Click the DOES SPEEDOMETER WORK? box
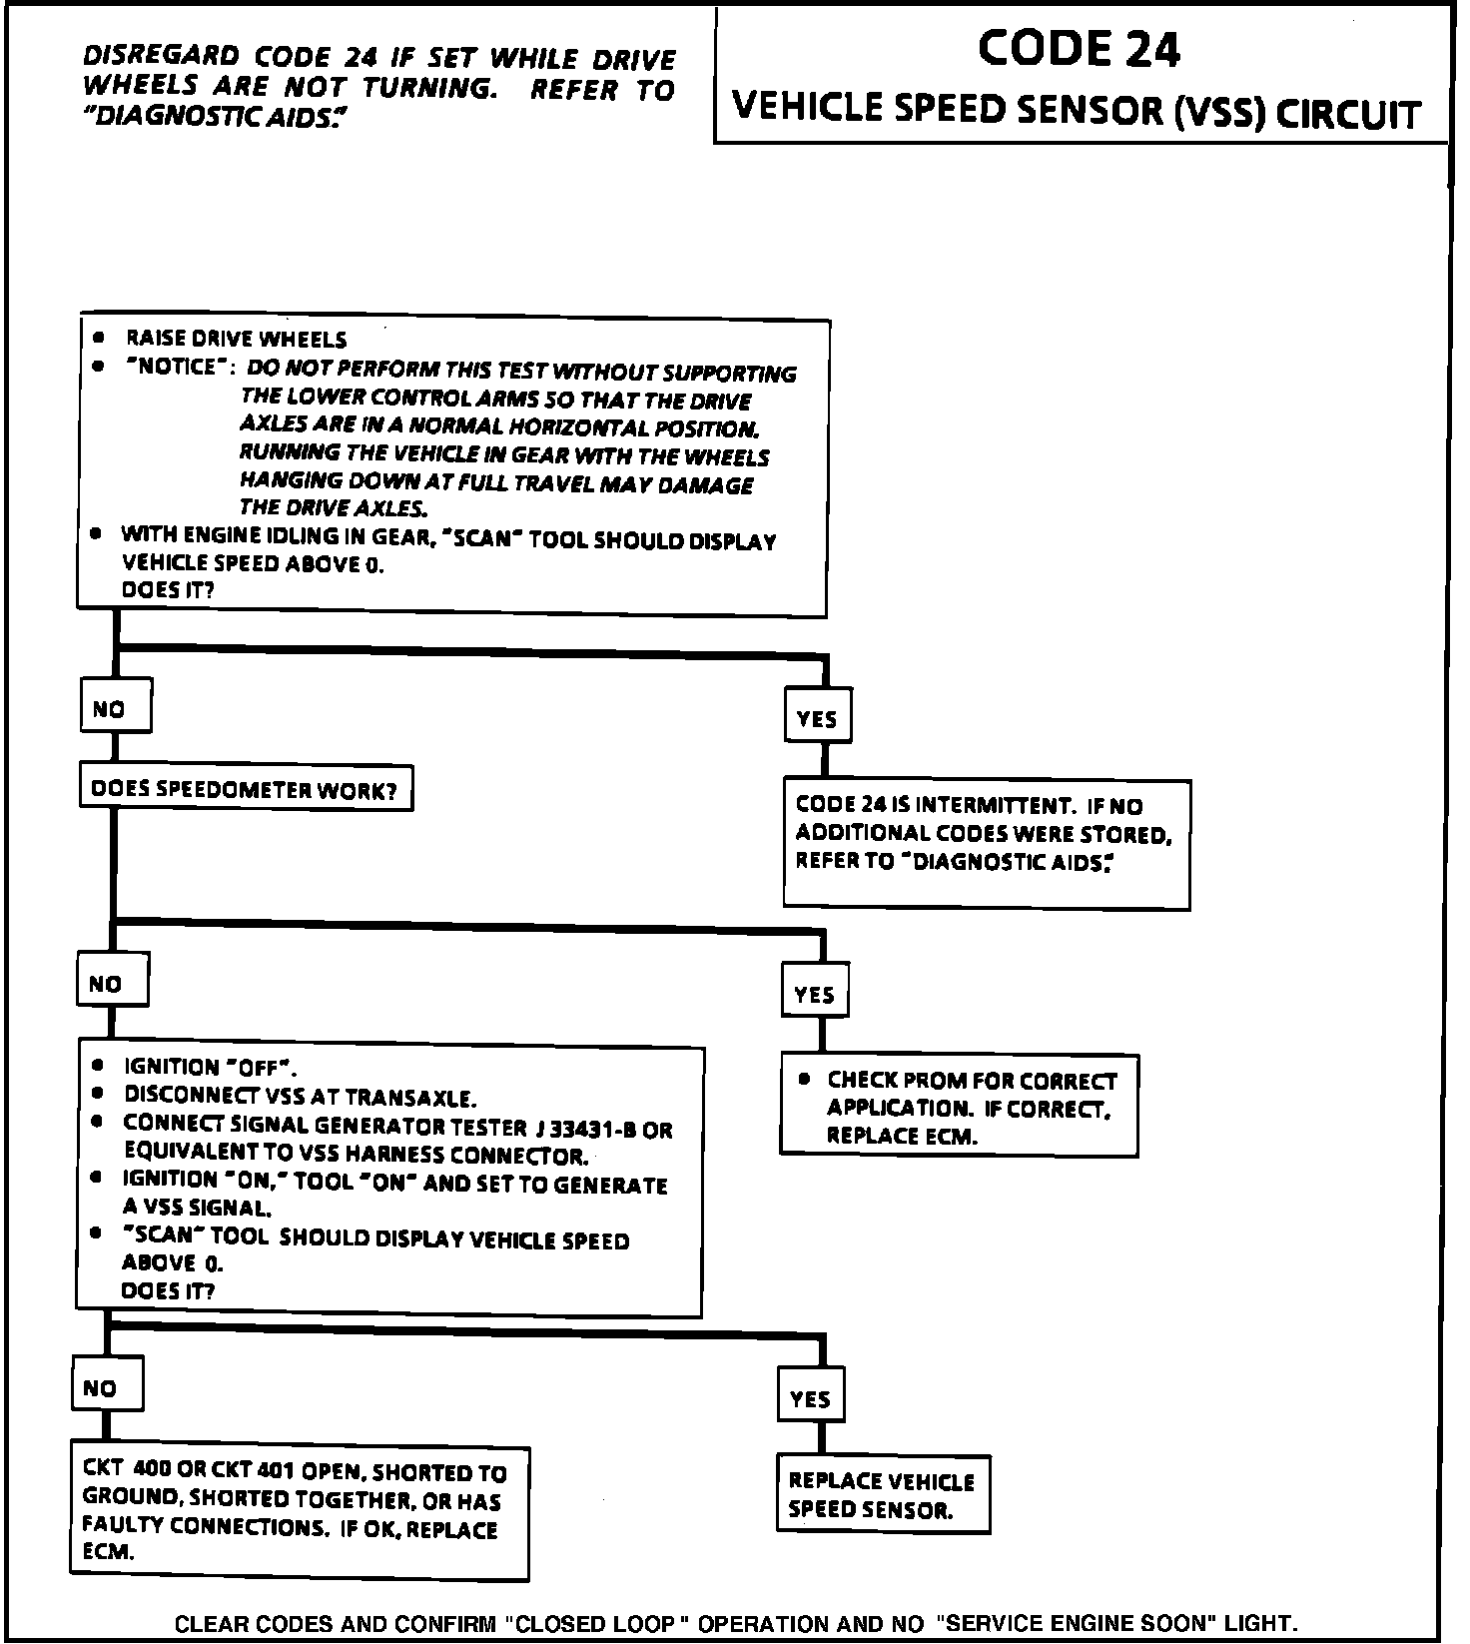(245, 790)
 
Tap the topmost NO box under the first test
(116, 708)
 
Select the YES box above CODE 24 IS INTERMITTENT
(818, 716)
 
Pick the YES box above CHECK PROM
(815, 992)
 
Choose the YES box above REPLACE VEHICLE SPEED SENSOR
(811, 1396)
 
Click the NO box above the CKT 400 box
(107, 1385)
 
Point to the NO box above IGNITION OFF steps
(112, 982)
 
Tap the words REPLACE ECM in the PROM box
(901, 1136)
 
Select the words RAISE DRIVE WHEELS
(236, 340)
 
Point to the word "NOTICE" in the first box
(173, 367)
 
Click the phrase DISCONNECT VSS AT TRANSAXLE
(300, 1097)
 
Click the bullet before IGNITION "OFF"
(97, 1065)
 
